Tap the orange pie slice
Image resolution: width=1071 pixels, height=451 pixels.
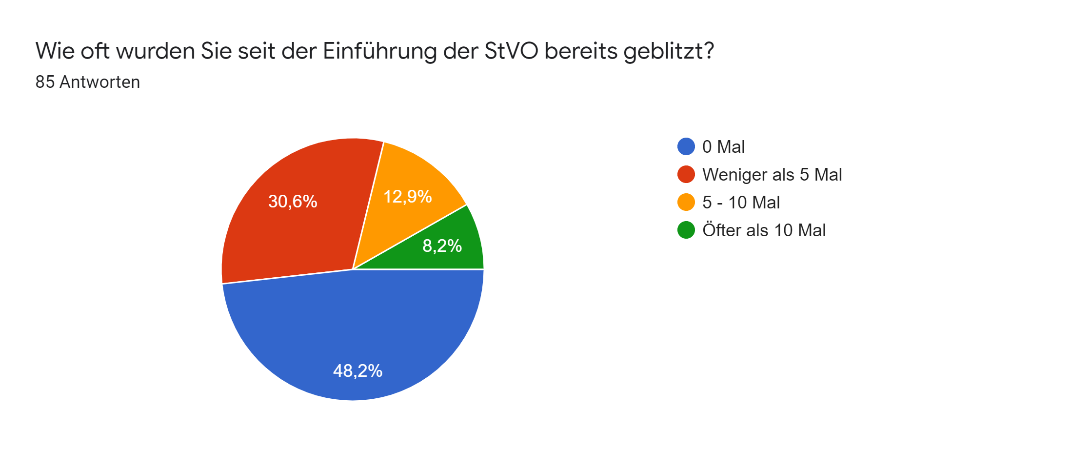click(x=410, y=205)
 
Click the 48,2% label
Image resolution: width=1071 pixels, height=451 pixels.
click(x=357, y=371)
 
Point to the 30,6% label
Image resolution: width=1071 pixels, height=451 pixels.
click(x=293, y=201)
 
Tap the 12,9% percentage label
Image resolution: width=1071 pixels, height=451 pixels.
click(x=408, y=197)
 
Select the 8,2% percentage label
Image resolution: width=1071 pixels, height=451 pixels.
click(x=442, y=246)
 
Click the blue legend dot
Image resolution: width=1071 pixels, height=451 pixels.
click(x=686, y=146)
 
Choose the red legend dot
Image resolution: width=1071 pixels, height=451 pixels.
click(x=686, y=174)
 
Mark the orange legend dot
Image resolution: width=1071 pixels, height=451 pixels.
click(x=686, y=202)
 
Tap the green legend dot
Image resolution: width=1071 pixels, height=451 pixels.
click(x=686, y=230)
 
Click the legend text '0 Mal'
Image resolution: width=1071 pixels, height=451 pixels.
click(x=723, y=146)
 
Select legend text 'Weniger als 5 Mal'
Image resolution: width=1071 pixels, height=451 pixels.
click(x=772, y=174)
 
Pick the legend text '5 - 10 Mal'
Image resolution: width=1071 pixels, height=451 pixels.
click(x=741, y=202)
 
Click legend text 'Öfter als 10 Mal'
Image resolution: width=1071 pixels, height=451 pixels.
click(x=764, y=230)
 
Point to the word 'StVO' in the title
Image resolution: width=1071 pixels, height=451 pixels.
click(x=511, y=51)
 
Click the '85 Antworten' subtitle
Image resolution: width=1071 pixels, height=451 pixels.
click(x=88, y=82)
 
